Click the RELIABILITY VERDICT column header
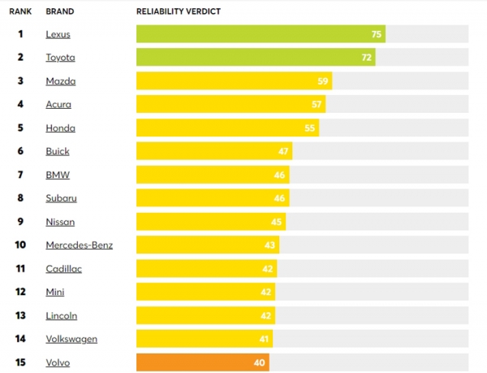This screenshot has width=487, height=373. pyautogui.click(x=179, y=11)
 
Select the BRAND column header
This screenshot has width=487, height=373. pyautogui.click(x=59, y=11)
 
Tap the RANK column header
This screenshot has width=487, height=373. pyautogui.click(x=20, y=11)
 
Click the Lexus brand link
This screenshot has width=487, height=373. pyautogui.click(x=58, y=34)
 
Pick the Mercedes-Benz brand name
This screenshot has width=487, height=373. pyautogui.click(x=79, y=245)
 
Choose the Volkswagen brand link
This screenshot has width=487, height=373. pyautogui.click(x=71, y=338)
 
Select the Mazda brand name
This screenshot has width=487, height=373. pyautogui.click(x=60, y=81)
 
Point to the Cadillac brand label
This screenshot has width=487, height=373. pyautogui.click(x=63, y=268)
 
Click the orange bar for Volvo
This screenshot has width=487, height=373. pyautogui.click(x=202, y=362)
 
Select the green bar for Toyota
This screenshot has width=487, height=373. pyautogui.click(x=255, y=58)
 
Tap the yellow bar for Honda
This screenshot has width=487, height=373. pyautogui.click(x=227, y=128)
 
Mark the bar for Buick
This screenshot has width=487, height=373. pyautogui.click(x=213, y=151)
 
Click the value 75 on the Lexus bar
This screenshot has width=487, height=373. pyautogui.click(x=376, y=34)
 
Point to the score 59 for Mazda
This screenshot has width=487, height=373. pyautogui.click(x=322, y=81)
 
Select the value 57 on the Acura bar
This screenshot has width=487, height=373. pyautogui.click(x=316, y=104)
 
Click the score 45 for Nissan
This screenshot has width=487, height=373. pyautogui.click(x=276, y=221)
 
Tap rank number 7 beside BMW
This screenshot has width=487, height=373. pyautogui.click(x=20, y=175)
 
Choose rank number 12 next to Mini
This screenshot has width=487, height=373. pyautogui.click(x=20, y=292)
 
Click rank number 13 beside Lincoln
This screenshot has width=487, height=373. pyautogui.click(x=20, y=314)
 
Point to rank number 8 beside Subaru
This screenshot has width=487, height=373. pyautogui.click(x=20, y=197)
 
